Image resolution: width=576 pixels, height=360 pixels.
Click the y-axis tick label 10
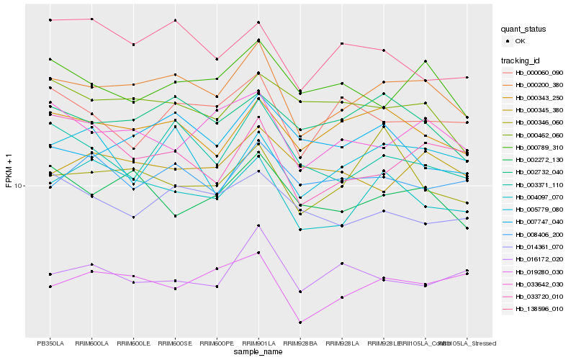coord(19,186)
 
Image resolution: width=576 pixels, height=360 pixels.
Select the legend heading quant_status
coord(525,30)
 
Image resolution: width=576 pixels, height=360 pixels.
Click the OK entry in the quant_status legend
coord(519,42)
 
